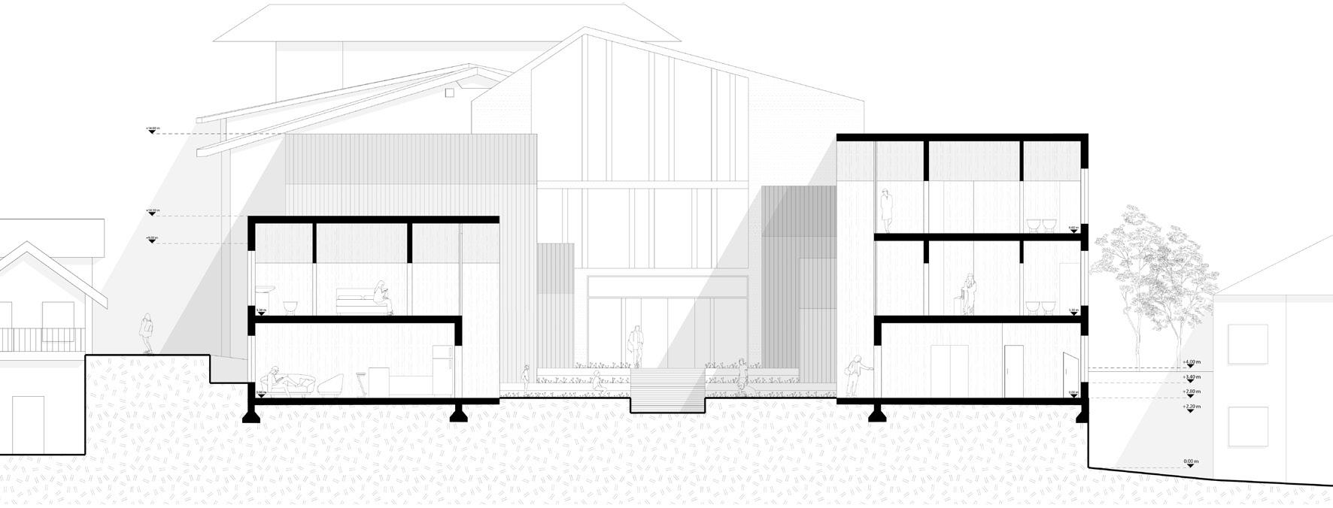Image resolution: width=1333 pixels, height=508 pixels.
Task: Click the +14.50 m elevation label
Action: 152,129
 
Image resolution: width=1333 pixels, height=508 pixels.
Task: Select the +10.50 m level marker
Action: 152,210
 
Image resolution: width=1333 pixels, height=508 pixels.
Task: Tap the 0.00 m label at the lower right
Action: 1190,461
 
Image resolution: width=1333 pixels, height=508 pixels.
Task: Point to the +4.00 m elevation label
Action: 1190,362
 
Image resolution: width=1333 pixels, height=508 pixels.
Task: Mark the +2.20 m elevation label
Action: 1190,407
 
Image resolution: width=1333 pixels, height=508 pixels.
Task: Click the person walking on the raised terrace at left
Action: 146,333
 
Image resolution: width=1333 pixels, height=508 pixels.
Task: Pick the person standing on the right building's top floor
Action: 887,210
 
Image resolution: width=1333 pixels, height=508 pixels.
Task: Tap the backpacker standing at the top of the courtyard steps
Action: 636,346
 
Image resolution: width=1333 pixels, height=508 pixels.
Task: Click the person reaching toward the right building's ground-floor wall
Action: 855,376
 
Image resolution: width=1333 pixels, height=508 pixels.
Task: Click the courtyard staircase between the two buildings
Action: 665,391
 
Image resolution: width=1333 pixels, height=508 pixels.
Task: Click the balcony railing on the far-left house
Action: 41,340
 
